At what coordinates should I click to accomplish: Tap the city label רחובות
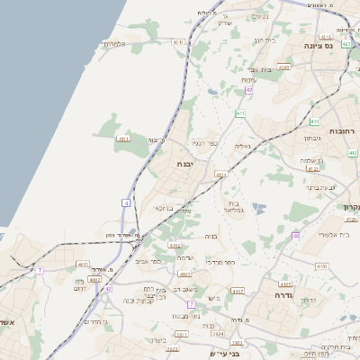coord(343,131)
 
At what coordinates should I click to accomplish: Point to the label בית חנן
coord(263,40)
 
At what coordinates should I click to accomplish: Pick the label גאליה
coord(242,145)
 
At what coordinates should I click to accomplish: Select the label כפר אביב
coord(150,261)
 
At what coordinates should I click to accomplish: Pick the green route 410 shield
coord(314,121)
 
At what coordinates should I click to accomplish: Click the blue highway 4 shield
coord(127,204)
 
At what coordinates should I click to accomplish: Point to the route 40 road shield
coord(295,236)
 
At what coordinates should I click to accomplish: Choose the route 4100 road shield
coord(322,266)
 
